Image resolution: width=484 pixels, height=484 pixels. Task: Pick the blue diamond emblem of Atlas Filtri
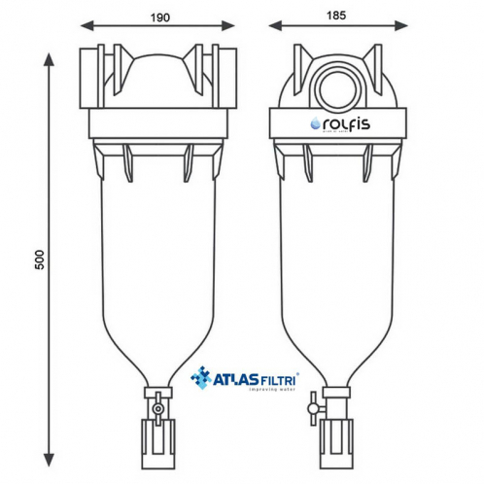click(201, 376)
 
